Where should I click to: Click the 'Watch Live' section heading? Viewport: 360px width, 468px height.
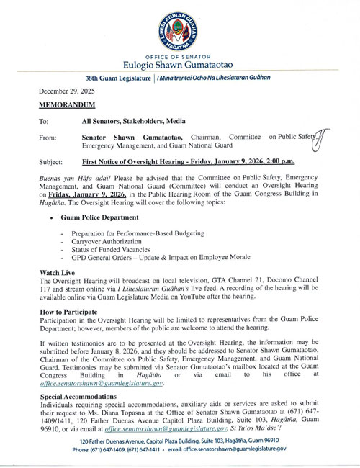[x=60, y=274]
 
